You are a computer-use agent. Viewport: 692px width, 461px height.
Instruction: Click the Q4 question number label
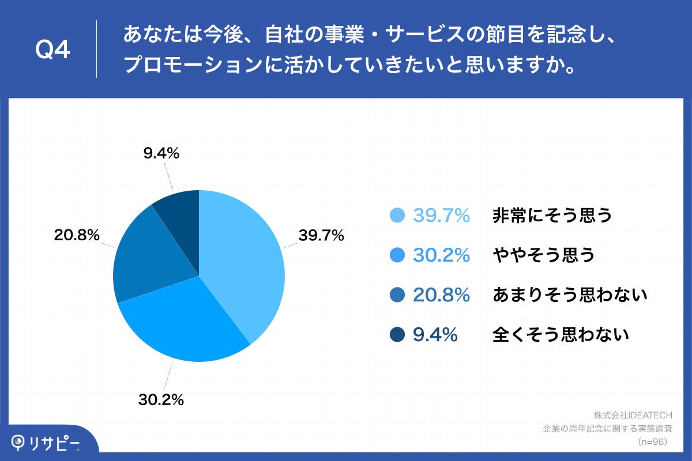click(52, 51)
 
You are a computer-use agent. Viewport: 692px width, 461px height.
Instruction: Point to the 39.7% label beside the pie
click(321, 235)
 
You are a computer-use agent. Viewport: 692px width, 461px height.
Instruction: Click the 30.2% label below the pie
click(161, 399)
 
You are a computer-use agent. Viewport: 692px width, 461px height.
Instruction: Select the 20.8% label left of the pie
click(77, 235)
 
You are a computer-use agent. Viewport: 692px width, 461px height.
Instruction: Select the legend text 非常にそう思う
click(552, 216)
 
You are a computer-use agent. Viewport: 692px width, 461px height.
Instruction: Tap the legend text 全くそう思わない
click(561, 335)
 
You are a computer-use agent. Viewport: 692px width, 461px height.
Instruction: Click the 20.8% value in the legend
click(442, 295)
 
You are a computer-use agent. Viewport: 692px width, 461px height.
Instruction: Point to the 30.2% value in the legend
click(442, 255)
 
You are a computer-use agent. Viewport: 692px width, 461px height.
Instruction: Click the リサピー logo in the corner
click(46, 443)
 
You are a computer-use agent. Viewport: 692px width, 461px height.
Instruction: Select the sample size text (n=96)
click(652, 442)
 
